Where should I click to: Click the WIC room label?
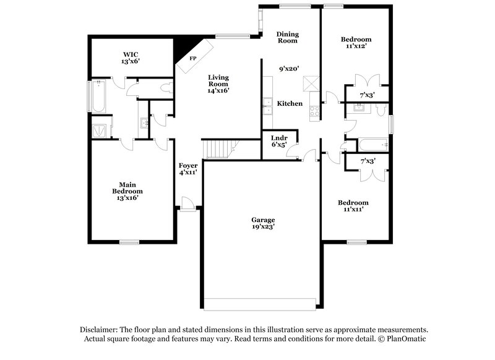tap(129, 54)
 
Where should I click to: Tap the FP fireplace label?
tap(192, 58)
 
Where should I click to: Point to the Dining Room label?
tap(287, 37)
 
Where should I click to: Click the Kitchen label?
tap(290, 103)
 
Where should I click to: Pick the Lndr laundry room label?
tap(280, 137)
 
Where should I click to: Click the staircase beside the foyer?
tap(220, 148)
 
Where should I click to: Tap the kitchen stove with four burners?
tap(314, 112)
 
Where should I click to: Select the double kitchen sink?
tap(267, 106)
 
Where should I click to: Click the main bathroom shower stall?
tap(100, 130)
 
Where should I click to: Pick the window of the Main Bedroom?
tap(129, 242)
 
